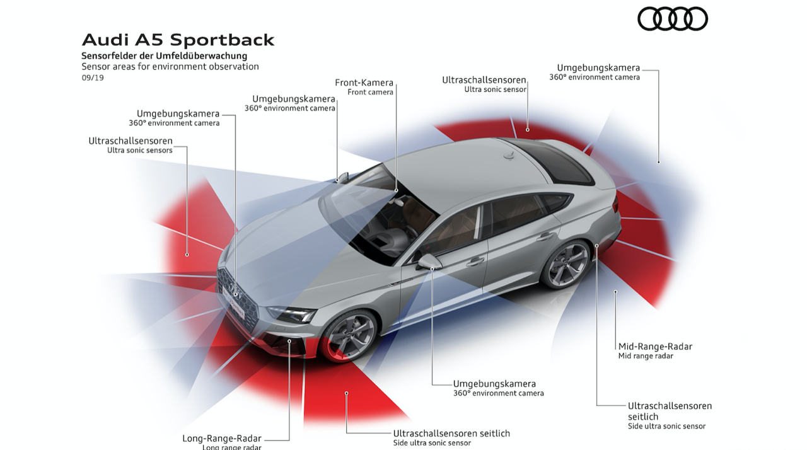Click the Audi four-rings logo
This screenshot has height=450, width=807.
click(673, 18)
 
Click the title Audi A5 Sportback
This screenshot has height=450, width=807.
click(178, 40)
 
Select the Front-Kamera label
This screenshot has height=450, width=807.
click(364, 83)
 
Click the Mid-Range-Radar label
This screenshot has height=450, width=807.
click(655, 346)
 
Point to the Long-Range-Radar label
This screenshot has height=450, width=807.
click(222, 438)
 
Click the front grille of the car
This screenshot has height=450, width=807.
click(236, 296)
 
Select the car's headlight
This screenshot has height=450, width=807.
click(291, 313)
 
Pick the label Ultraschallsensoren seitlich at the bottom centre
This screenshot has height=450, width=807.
click(451, 433)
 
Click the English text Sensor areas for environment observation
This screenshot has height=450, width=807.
click(170, 66)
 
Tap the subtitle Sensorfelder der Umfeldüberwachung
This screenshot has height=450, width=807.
click(164, 56)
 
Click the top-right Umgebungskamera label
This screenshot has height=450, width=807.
click(598, 67)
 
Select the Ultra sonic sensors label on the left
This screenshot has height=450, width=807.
click(139, 151)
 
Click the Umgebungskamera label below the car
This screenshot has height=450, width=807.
click(494, 383)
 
